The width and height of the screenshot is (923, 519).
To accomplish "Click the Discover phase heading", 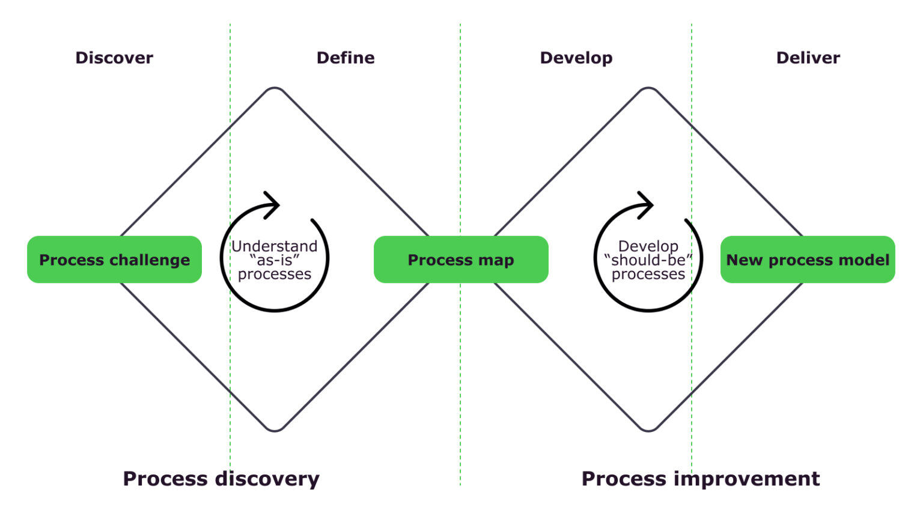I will coord(114,58).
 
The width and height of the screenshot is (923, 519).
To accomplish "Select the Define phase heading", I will coord(346,58).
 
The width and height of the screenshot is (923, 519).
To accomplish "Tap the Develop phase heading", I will coord(576,58).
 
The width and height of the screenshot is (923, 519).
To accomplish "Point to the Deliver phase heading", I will coord(808,58).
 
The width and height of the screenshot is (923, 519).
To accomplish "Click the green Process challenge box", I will coord(114,259).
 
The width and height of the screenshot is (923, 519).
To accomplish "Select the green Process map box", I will coord(461,259).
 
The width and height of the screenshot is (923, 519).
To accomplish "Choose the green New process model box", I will coord(808,259).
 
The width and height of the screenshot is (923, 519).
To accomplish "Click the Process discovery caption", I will coord(221,479).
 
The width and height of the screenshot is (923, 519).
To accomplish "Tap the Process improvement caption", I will coord(701,479).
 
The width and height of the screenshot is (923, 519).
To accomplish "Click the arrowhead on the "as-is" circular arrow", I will coord(273,205).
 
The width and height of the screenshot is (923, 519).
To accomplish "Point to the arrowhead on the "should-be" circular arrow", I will coord(647,205).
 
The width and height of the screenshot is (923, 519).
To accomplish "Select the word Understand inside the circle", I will coord(275,246).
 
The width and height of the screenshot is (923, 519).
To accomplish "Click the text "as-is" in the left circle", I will coord(275,260).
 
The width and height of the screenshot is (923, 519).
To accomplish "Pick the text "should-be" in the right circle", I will coord(648,260).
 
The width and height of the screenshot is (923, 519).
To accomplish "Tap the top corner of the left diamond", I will coord(275,90).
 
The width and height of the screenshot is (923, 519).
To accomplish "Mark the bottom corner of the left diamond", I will coord(275,429).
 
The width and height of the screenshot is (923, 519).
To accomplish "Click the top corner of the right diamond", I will coord(648,90).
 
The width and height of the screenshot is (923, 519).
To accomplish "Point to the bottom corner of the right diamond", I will coord(648,429).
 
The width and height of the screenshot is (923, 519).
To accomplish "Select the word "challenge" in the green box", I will coord(152,260).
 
